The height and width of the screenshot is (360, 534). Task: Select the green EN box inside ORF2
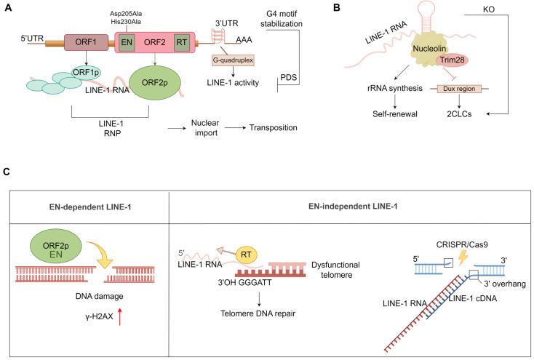[x=127, y=41]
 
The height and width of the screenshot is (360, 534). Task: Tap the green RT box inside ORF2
[x=182, y=41]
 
